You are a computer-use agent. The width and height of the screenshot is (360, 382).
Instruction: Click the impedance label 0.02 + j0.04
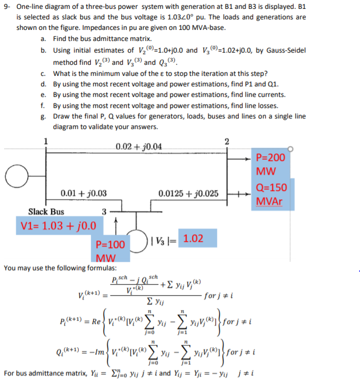(x=140, y=147)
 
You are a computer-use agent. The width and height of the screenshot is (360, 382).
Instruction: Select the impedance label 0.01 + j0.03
(x=84, y=193)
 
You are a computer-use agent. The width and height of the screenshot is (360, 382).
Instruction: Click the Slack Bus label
(x=46, y=211)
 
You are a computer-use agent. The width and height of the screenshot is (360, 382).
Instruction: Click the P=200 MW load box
(x=272, y=163)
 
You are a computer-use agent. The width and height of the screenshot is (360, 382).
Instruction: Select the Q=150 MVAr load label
(x=272, y=194)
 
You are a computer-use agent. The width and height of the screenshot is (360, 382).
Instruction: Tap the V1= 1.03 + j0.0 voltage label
(x=58, y=225)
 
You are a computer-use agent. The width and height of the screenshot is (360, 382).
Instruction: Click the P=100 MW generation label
(x=110, y=250)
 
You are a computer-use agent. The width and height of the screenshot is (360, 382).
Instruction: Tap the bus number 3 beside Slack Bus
(x=104, y=211)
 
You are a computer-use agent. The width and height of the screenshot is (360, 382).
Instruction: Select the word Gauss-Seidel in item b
(x=282, y=50)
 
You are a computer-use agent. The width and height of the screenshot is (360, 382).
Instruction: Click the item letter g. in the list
(x=43, y=116)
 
